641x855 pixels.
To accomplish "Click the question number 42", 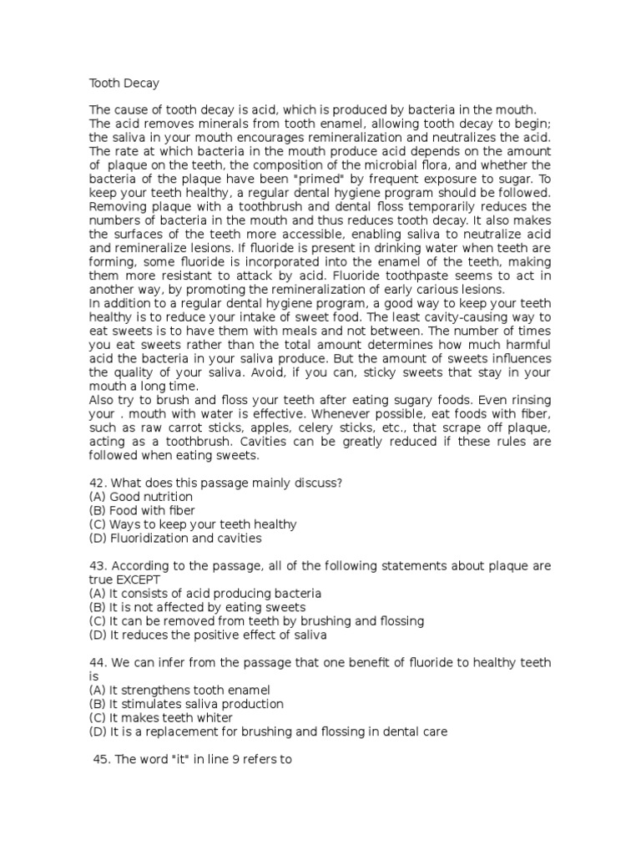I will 97,483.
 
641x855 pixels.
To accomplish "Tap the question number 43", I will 97,566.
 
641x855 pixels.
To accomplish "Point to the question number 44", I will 97,663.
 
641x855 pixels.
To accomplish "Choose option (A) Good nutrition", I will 141,497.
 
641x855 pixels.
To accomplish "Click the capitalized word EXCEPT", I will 139,579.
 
